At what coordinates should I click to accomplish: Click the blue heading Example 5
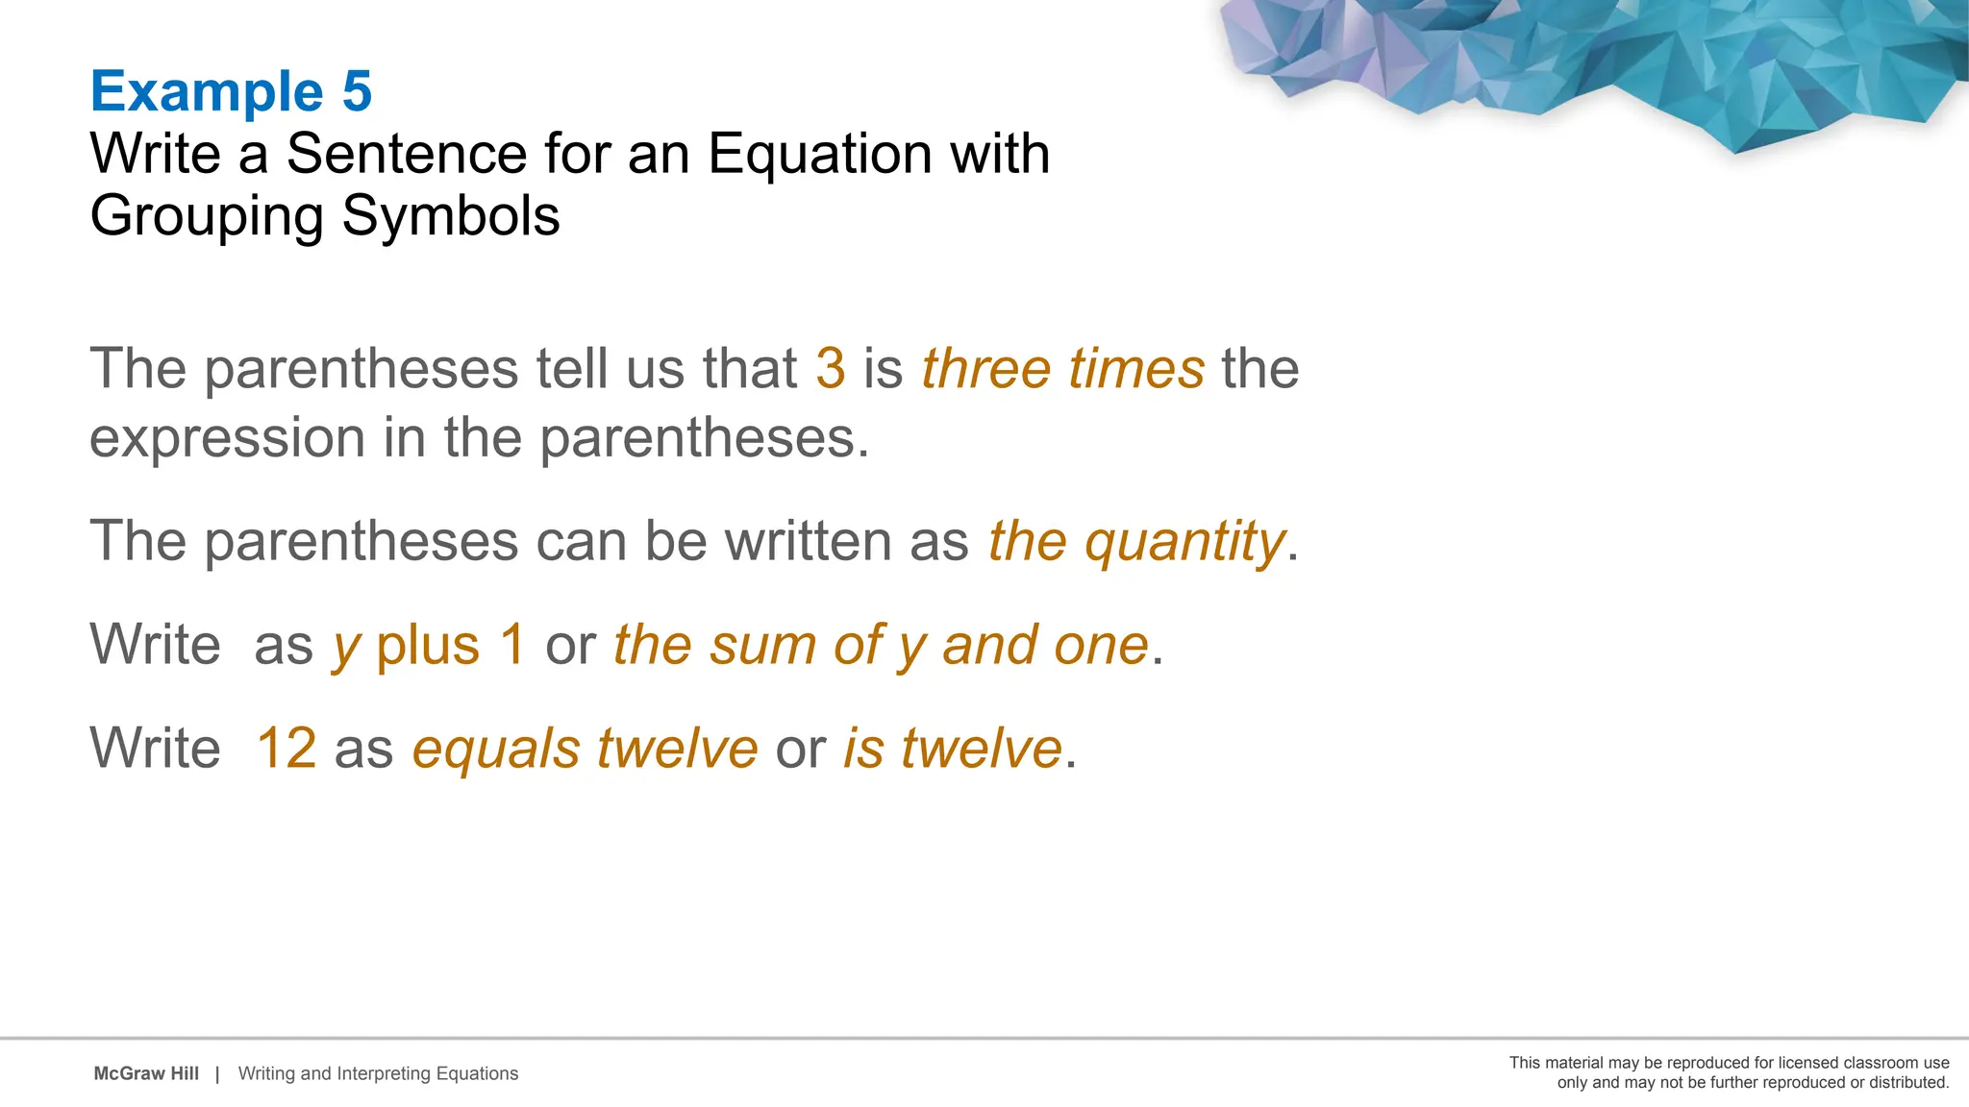[x=231, y=91]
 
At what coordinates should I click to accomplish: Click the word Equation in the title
[x=820, y=154]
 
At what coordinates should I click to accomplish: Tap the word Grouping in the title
[x=206, y=215]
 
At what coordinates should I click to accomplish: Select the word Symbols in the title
[x=451, y=215]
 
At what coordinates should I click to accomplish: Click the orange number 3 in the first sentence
[x=831, y=368]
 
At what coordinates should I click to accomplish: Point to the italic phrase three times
[x=1062, y=368]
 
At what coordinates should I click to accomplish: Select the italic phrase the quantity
[x=1136, y=541]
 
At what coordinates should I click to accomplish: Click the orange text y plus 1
[x=429, y=645]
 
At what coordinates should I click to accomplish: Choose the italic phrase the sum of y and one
[x=881, y=645]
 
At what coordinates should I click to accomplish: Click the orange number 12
[x=287, y=749]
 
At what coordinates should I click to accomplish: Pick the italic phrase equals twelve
[x=585, y=749]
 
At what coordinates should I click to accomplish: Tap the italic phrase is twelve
[x=952, y=749]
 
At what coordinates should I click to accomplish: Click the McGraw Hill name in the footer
[x=146, y=1073]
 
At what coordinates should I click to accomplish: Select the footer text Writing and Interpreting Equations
[x=378, y=1073]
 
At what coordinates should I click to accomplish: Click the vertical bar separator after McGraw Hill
[x=217, y=1073]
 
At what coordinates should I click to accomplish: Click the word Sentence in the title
[x=407, y=154]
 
